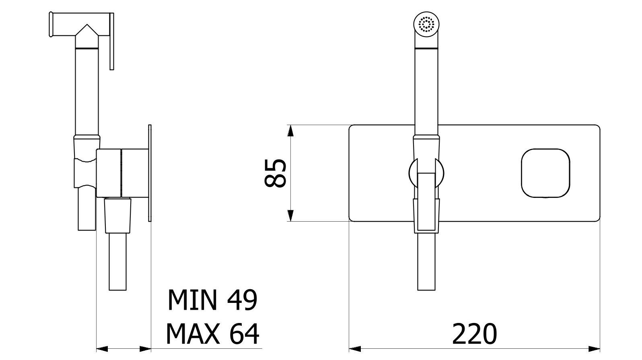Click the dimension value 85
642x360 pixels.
pyautogui.click(x=275, y=173)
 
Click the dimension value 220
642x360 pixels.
pyautogui.click(x=474, y=333)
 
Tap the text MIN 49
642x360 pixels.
pyautogui.click(x=212, y=300)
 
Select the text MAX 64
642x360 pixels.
pyautogui.click(x=212, y=333)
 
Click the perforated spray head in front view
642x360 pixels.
pyautogui.click(x=426, y=25)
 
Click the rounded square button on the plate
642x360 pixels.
pyautogui.click(x=545, y=173)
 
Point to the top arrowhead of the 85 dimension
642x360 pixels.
pyautogui.click(x=290, y=131)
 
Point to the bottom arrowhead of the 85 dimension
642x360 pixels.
pyautogui.click(x=290, y=215)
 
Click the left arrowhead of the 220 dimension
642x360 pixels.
pyautogui.click(x=355, y=349)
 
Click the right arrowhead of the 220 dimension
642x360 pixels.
pyautogui.click(x=594, y=349)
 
